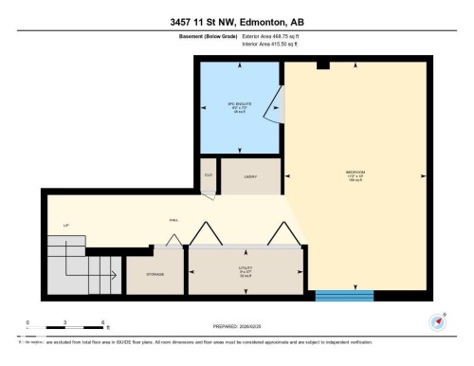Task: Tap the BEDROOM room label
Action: pos(355,173)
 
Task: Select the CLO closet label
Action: pos(208,174)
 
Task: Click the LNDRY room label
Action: pos(251,176)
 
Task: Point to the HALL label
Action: pos(173,219)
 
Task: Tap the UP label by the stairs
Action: pos(65,225)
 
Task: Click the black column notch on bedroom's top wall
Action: pos(323,64)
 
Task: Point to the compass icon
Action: pos(438,321)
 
